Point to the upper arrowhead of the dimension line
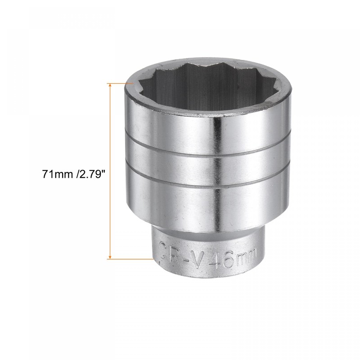pyautogui.click(x=109, y=86)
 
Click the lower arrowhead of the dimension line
pyautogui.click(x=109, y=256)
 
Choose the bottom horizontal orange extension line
pyautogui.click(x=130, y=259)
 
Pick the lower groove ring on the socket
pyautogui.click(x=207, y=182)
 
